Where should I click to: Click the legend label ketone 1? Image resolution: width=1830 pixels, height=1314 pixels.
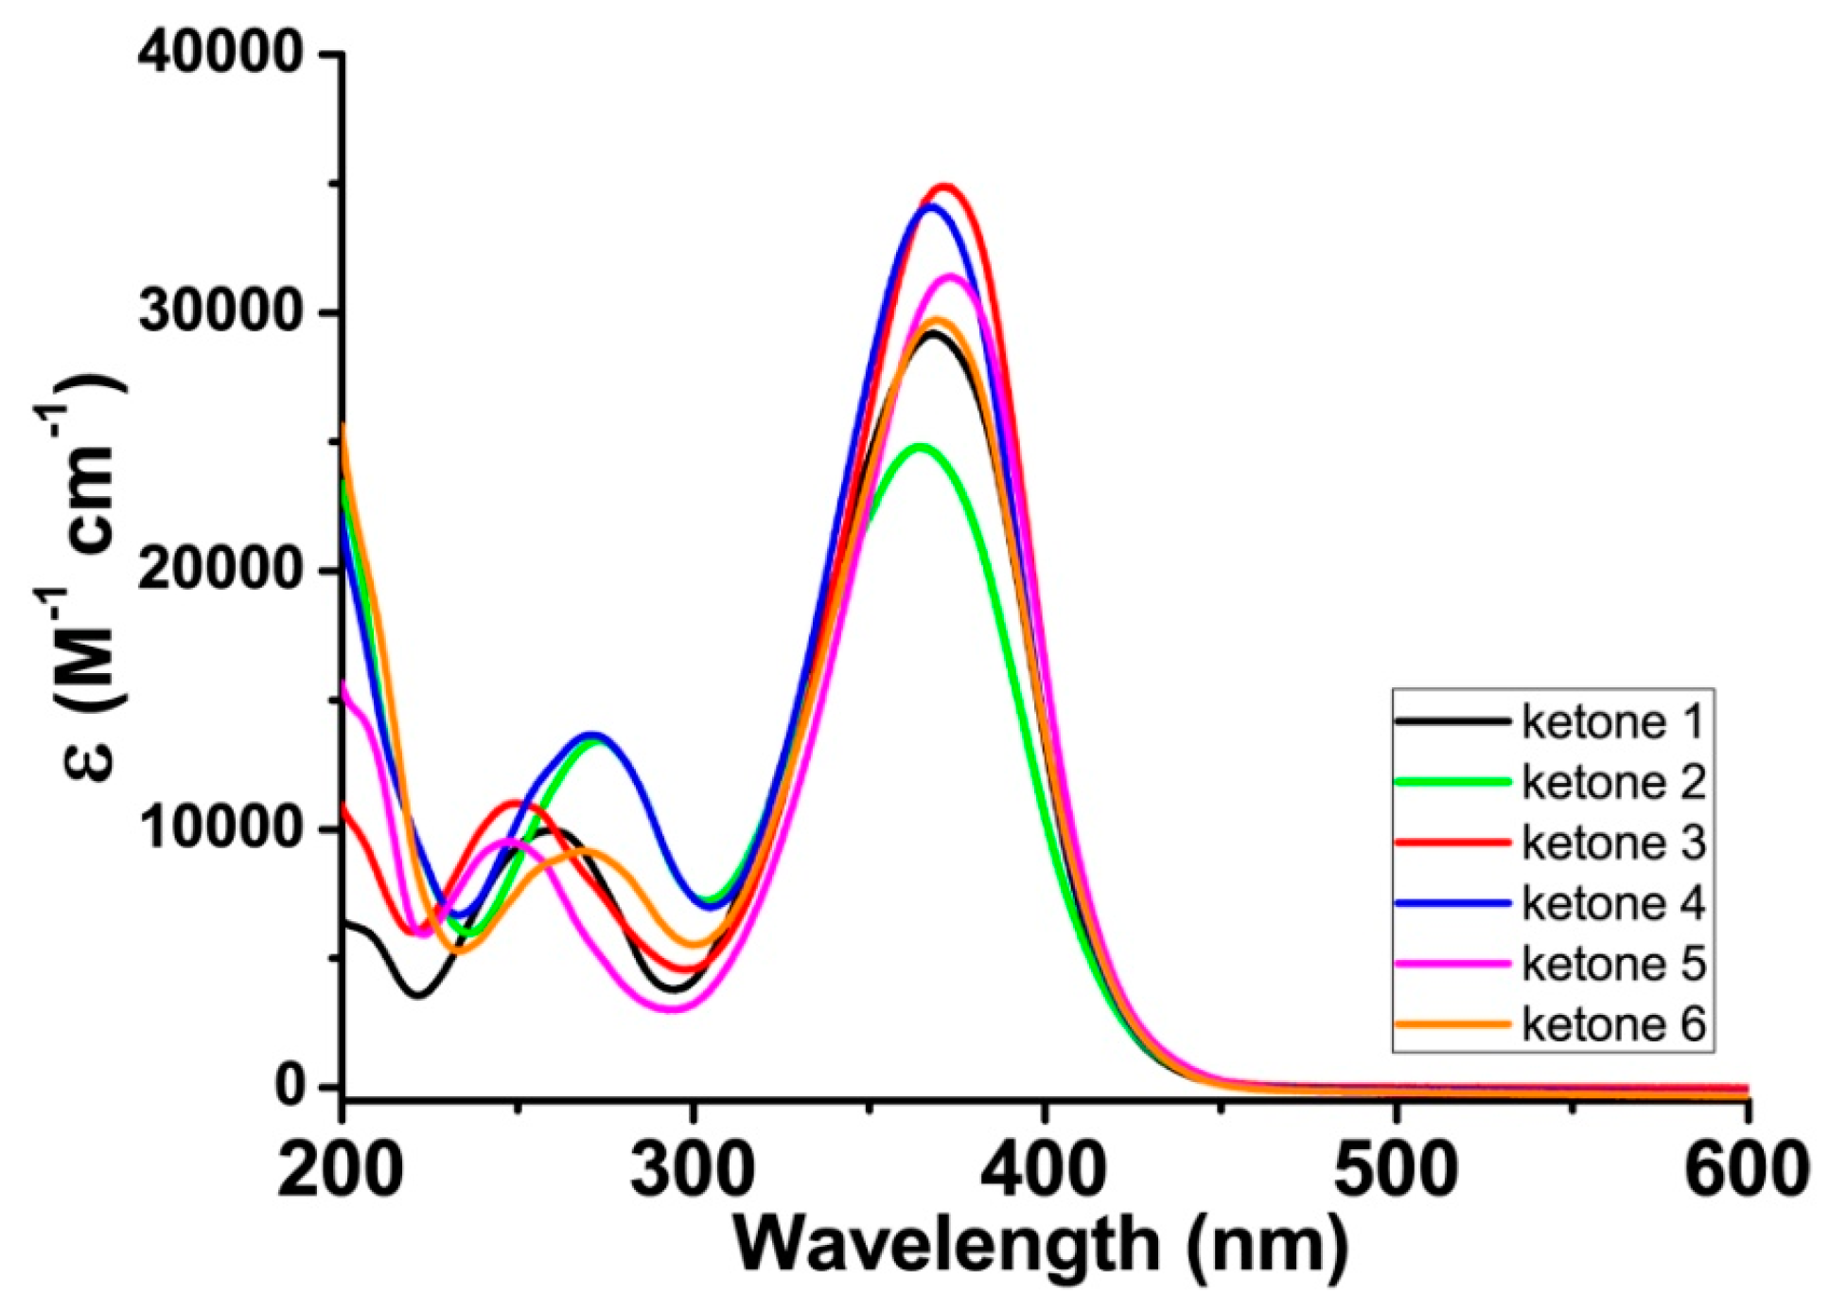pos(1612,722)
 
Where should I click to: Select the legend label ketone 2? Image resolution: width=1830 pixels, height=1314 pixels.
pos(1612,783)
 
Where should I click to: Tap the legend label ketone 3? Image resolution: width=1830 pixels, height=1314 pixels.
pos(1612,843)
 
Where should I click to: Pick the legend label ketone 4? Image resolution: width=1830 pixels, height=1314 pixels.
pos(1612,904)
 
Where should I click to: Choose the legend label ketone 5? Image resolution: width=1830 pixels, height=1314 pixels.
pos(1612,965)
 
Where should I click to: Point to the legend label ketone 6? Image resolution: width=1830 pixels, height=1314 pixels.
pos(1612,1024)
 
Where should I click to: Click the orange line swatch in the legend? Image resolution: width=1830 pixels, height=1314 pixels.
pos(1452,1024)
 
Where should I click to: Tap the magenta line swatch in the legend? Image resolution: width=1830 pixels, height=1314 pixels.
pos(1452,964)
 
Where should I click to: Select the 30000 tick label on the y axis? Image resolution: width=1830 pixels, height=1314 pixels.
pos(220,312)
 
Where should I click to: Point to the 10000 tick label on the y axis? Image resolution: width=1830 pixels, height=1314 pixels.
pos(220,829)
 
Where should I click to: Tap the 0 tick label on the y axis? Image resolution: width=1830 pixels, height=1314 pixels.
pos(289,1087)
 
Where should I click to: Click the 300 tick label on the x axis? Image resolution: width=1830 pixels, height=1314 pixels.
pos(693,1172)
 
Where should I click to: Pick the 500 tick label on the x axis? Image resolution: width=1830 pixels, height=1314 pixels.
pos(1396,1172)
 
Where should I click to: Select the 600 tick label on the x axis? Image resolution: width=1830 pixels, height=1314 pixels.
pos(1746,1172)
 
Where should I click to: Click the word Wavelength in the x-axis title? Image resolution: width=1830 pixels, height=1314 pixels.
pos(946,1246)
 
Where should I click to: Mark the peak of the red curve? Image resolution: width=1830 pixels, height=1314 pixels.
pos(943,186)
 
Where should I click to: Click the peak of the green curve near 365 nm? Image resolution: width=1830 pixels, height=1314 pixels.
pos(919,445)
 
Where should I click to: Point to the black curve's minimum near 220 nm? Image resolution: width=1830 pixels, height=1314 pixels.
pos(418,995)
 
